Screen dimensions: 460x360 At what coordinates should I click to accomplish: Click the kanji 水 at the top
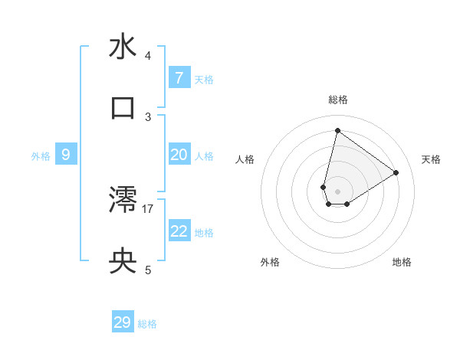click(123, 47)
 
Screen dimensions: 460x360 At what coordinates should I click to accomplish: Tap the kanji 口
click(123, 108)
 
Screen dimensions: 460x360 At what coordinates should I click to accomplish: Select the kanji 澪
click(123, 201)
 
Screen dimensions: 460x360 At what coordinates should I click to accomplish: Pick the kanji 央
click(123, 262)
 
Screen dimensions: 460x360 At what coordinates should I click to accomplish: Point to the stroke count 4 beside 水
click(148, 56)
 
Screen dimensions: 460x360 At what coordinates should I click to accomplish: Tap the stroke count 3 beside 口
click(148, 116)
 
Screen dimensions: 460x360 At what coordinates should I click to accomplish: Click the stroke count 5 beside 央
click(148, 270)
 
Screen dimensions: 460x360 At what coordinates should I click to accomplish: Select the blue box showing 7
click(179, 77)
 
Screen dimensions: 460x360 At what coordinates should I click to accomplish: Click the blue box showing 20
click(179, 155)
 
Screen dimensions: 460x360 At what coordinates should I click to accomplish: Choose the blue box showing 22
click(179, 231)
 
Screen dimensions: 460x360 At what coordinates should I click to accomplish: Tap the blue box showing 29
click(123, 322)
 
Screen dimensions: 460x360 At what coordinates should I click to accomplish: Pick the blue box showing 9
click(66, 155)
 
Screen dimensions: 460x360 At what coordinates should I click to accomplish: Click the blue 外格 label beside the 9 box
click(41, 156)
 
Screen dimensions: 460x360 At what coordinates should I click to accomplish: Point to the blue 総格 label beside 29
click(147, 324)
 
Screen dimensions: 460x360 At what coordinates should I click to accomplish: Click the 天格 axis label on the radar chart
click(431, 159)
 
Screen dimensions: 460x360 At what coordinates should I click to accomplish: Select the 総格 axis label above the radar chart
click(337, 100)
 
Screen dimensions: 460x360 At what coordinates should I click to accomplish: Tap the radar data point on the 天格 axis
click(396, 172)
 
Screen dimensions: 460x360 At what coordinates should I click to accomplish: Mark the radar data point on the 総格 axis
click(337, 131)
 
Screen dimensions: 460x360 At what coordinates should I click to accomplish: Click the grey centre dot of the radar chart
click(337, 191)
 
